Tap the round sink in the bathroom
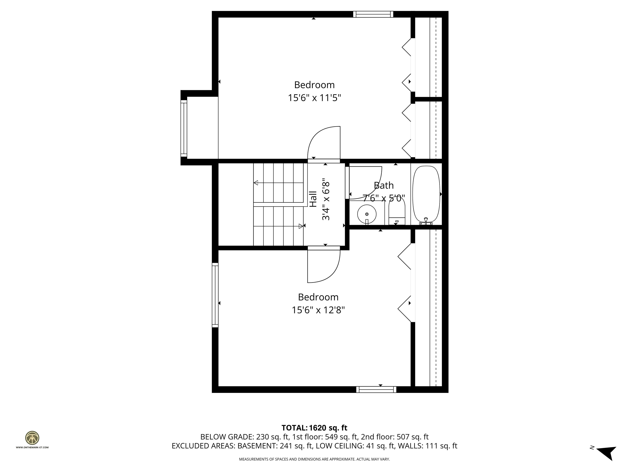pos(367,214)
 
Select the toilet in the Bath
pos(397,211)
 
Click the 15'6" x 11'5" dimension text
pos(314,98)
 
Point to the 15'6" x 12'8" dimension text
pos(318,310)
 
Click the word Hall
pos(313,199)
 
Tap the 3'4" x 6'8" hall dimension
pos(326,199)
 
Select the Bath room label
pos(384,185)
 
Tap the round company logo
pos(32,438)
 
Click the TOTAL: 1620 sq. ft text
pos(314,428)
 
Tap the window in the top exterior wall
pos(373,14)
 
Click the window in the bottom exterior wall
pos(376,389)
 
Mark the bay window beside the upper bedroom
pos(184,128)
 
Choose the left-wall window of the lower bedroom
pos(215,295)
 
